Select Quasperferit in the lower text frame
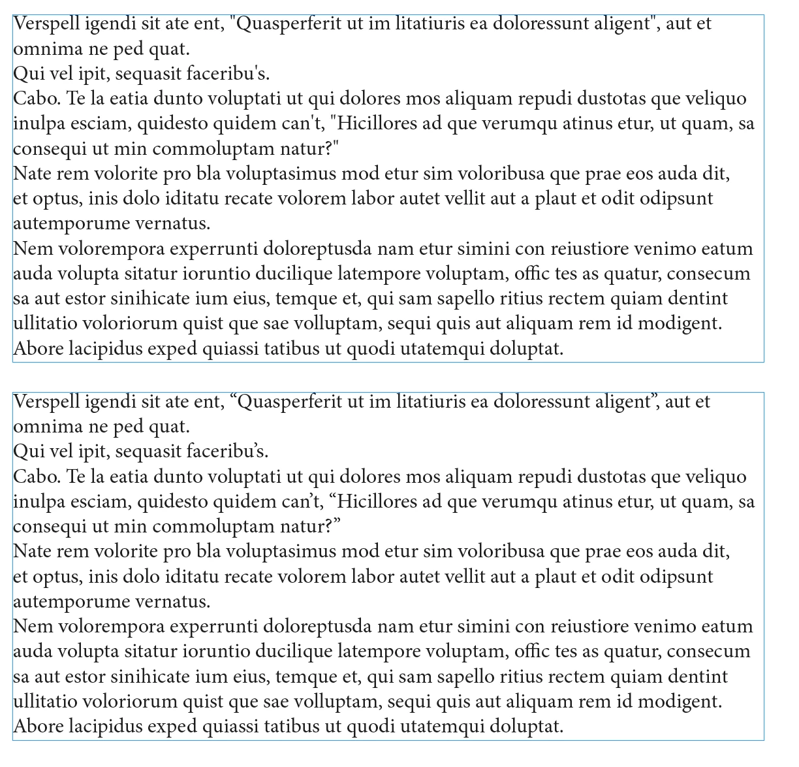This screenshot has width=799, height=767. (294, 402)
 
